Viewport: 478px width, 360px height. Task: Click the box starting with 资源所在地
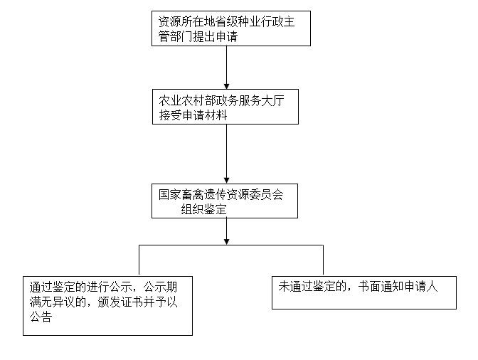point(231,28)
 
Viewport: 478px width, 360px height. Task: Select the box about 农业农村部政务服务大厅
point(225,107)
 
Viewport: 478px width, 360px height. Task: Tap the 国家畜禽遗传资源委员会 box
point(225,201)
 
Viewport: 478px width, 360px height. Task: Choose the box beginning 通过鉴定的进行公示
point(107,306)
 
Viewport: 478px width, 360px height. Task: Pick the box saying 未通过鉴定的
point(364,292)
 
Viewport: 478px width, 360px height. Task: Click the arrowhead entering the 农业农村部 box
point(226,86)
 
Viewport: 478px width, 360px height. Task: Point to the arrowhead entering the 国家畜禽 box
point(226,181)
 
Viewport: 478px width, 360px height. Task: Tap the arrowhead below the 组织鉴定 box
point(226,242)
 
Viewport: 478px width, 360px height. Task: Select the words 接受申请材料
point(193,115)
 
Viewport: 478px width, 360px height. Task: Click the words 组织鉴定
point(204,209)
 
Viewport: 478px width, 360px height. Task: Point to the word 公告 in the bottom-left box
point(41,317)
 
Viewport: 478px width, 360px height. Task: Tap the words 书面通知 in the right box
point(381,287)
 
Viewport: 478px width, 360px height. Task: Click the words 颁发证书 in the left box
point(120,302)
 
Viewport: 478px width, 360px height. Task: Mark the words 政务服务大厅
point(250,100)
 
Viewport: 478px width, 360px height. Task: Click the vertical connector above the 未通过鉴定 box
point(323,260)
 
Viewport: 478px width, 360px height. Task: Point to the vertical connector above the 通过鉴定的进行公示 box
point(139,260)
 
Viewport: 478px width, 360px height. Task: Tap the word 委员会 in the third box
point(267,194)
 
